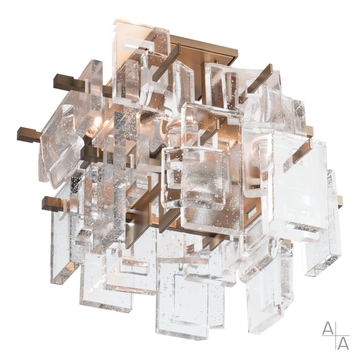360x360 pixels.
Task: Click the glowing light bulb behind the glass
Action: click(94, 129)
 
